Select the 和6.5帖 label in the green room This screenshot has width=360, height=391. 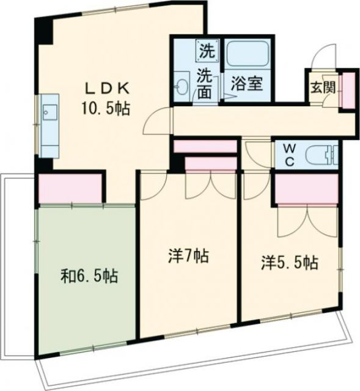coord(90,276)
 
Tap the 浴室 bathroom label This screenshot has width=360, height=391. coord(248,84)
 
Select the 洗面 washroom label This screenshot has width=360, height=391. coord(204,84)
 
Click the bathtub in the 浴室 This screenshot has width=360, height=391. coord(249,56)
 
